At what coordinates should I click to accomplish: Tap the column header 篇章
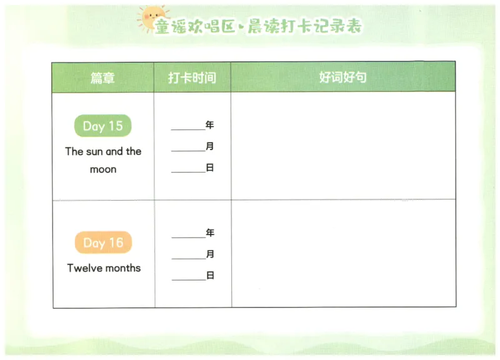[102, 77]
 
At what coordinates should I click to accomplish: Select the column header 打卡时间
[192, 77]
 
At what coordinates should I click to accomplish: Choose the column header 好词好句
[342, 77]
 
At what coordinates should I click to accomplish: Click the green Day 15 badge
[102, 126]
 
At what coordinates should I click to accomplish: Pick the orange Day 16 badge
[103, 242]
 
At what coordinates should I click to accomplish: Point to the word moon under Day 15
[103, 169]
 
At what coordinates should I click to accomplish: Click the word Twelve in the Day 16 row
[85, 268]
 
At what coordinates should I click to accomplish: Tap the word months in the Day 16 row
[122, 268]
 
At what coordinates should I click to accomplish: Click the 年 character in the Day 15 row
[209, 125]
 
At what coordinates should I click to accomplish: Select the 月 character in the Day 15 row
[209, 147]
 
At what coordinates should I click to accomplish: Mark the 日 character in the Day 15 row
[209, 167]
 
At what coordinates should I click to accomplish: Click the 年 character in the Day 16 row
[209, 233]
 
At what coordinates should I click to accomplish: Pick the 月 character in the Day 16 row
[209, 254]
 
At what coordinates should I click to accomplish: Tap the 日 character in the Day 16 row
[209, 275]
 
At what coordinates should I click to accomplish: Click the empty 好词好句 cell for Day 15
[342, 146]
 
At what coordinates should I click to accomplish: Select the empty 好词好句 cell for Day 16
[342, 254]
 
